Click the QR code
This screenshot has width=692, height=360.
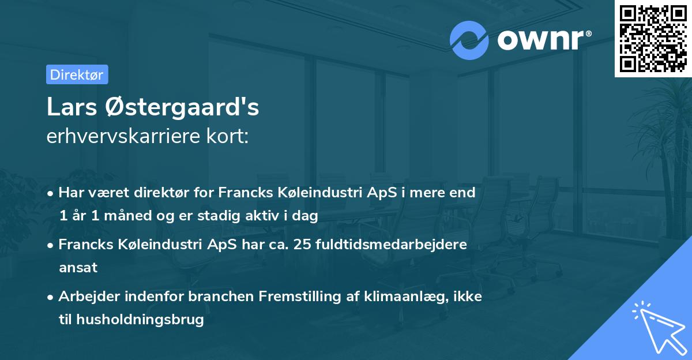[x=653, y=39]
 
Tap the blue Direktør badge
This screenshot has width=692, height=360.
[x=77, y=74]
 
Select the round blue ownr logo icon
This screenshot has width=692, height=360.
[x=469, y=40]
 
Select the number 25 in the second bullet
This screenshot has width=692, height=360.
[x=302, y=244]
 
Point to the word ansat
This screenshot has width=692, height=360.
[x=78, y=267]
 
